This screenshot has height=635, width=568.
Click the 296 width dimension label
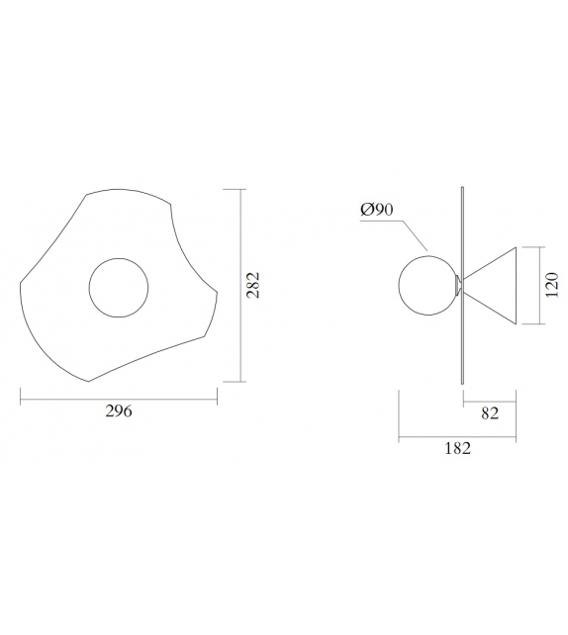(118, 411)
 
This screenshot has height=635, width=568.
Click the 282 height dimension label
(252, 285)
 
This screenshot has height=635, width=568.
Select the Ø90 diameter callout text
(378, 210)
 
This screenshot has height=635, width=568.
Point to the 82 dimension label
(489, 413)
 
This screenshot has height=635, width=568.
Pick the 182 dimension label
(458, 448)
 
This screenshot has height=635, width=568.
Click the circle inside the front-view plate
(119, 287)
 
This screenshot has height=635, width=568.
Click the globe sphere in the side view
(426, 285)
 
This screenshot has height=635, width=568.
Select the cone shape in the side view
(495, 285)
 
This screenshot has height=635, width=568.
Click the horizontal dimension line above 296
(118, 399)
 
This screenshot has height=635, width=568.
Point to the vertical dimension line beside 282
(241, 285)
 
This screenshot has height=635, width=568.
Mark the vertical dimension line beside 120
(538, 285)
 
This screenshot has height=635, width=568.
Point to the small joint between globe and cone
(457, 286)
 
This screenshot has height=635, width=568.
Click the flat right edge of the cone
(518, 285)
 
